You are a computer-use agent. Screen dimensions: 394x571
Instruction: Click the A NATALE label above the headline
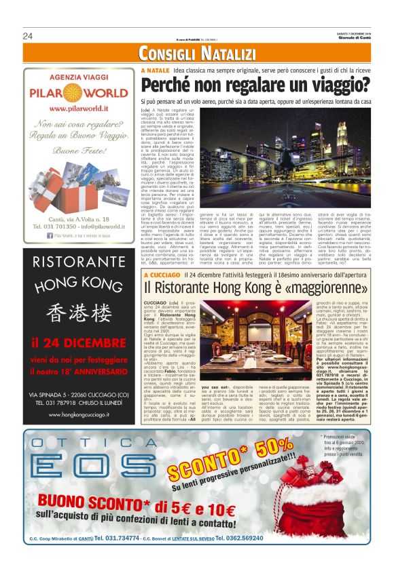coord(154,71)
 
